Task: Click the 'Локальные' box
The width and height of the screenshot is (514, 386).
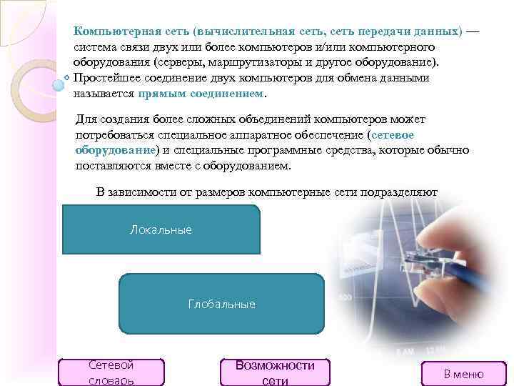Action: pos(161,230)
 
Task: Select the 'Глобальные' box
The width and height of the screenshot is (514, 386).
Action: pos(221,304)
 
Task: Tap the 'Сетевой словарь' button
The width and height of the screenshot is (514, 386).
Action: pos(112,372)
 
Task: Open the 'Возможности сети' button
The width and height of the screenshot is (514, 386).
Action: pos(275,372)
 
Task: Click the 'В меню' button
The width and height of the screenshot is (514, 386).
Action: pos(463,373)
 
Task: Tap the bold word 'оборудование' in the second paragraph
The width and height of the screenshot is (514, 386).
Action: pos(115,149)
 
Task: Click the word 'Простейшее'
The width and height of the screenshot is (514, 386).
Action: pos(106,77)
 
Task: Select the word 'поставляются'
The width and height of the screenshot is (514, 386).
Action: pos(110,165)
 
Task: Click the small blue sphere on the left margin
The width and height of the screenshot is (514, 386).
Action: pos(59,84)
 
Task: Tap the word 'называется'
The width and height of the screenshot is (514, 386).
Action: pos(104,93)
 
